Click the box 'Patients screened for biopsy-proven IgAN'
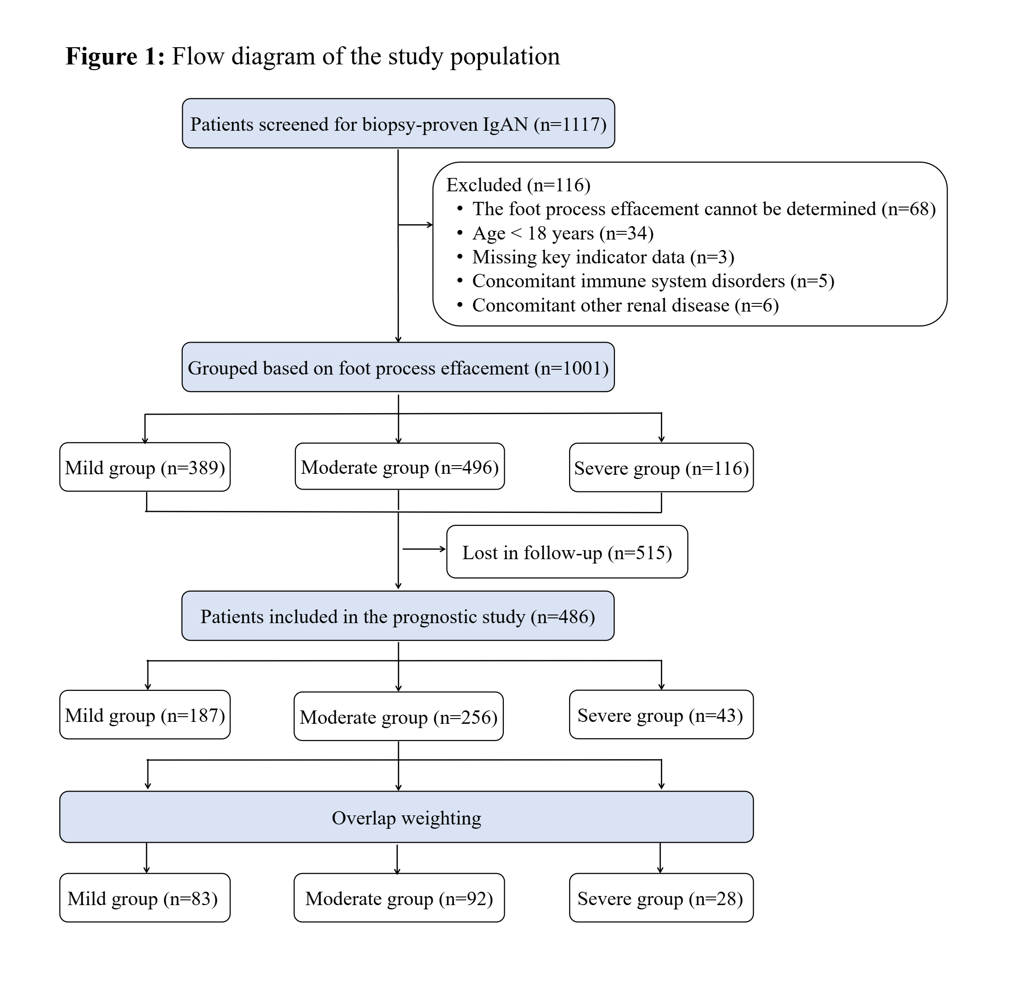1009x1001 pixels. pyautogui.click(x=398, y=123)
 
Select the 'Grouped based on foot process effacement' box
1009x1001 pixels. pyautogui.click(x=398, y=367)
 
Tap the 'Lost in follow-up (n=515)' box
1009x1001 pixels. pyautogui.click(x=567, y=552)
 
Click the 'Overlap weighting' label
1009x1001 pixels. pyautogui.click(x=406, y=818)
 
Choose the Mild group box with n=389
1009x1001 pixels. pyautogui.click(x=145, y=467)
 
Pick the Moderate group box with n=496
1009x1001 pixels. pyautogui.click(x=399, y=467)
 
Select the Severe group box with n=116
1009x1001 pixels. pyautogui.click(x=661, y=468)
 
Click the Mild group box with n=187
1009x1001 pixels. pyautogui.click(x=145, y=715)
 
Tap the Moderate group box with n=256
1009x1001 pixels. pyautogui.click(x=398, y=716)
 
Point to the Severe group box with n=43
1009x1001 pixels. pyautogui.click(x=661, y=715)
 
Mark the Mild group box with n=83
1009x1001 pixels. pyautogui.click(x=145, y=898)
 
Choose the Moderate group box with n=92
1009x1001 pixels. pyautogui.click(x=399, y=898)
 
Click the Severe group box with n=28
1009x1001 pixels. pyautogui.click(x=661, y=898)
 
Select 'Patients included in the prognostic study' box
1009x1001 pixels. pyautogui.click(x=398, y=616)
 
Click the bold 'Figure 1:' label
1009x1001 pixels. pyautogui.click(x=115, y=56)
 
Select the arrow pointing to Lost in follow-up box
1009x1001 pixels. pyautogui.click(x=424, y=549)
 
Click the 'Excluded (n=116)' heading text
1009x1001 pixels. pyautogui.click(x=518, y=185)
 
